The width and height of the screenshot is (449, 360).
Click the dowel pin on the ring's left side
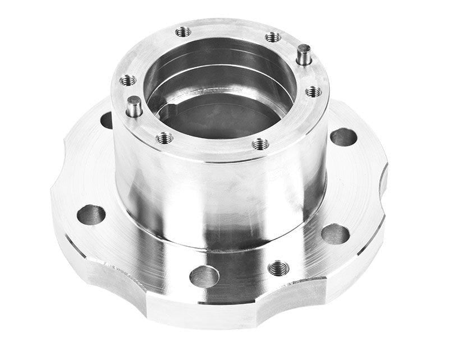[x=134, y=106]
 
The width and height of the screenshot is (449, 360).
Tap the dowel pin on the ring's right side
[x=304, y=54]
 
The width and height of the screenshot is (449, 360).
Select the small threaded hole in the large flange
[x=278, y=269]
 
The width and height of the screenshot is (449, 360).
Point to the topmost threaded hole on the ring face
[x=183, y=32]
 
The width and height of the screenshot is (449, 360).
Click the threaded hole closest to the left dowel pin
[x=128, y=80]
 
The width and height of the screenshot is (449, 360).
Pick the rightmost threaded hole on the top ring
[x=313, y=91]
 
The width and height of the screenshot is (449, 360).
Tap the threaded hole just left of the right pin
[x=273, y=37]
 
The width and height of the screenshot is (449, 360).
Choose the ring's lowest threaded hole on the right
[x=260, y=144]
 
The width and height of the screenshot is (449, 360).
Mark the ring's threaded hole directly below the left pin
[x=164, y=137]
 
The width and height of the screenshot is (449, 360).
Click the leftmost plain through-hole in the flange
[x=91, y=214]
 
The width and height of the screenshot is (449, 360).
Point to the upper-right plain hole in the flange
[x=343, y=137]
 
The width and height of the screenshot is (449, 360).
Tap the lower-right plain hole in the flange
[x=335, y=234]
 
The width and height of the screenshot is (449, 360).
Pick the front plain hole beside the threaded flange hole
[x=204, y=276]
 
